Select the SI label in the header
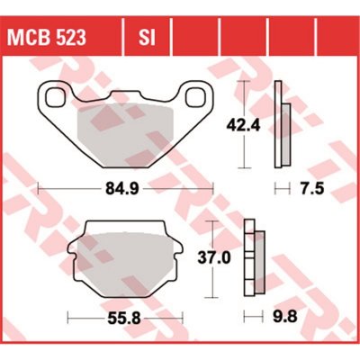(147, 37)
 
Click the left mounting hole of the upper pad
(53, 94)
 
